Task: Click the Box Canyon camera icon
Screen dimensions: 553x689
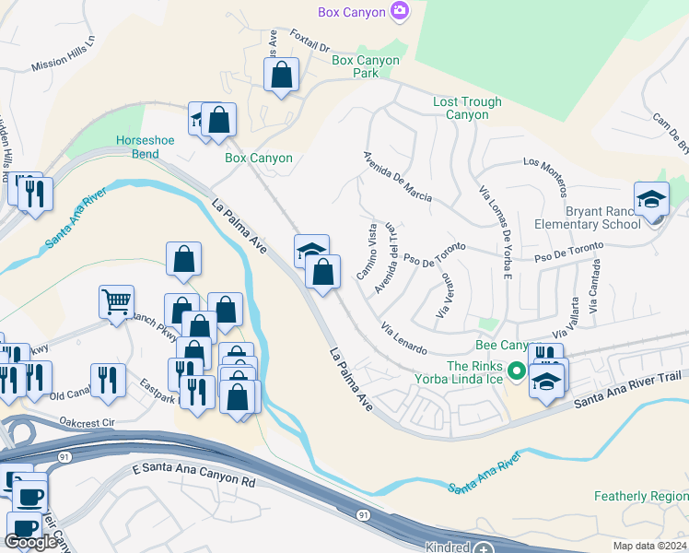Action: click(400, 11)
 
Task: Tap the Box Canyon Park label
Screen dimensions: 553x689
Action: click(366, 67)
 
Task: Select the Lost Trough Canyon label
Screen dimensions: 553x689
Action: click(467, 109)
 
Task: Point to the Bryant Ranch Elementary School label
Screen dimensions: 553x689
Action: click(590, 218)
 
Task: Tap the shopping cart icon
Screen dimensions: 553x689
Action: click(117, 301)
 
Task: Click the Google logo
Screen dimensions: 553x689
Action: click(30, 542)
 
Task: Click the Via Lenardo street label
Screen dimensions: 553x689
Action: click(403, 338)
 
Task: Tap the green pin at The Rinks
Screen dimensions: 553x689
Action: click(517, 372)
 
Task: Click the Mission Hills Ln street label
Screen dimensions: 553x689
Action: click(64, 54)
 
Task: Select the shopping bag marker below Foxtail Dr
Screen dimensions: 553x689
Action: click(282, 75)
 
